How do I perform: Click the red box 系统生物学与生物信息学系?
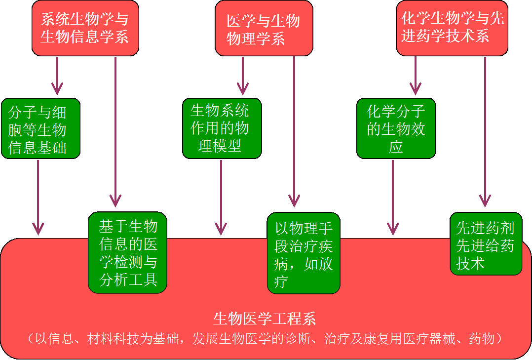point(85,28)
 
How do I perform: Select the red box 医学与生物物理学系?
point(264,28)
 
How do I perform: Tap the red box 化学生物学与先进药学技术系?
point(452,28)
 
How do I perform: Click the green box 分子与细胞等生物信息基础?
point(40,128)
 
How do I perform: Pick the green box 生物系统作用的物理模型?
point(222,128)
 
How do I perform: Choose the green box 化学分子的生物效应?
point(396,128)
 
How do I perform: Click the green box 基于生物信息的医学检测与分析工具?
point(127,252)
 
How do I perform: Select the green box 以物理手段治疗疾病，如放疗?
point(304,253)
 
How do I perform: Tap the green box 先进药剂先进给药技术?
point(486,244)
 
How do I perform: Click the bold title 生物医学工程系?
point(265,319)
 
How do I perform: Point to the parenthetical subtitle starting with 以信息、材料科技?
point(265,339)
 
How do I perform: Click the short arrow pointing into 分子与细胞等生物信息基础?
point(57,76)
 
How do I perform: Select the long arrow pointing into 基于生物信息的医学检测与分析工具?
point(115,132)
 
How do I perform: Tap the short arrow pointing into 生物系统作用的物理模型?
point(243,76)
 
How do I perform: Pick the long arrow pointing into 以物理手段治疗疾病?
point(294,131)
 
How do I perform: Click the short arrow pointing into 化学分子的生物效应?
point(416,76)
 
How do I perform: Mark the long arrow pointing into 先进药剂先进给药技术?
point(485,132)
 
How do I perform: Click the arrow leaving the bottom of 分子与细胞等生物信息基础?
point(38,198)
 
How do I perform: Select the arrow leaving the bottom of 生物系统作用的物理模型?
point(221,198)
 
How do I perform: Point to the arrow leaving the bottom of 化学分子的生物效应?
point(392,198)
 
